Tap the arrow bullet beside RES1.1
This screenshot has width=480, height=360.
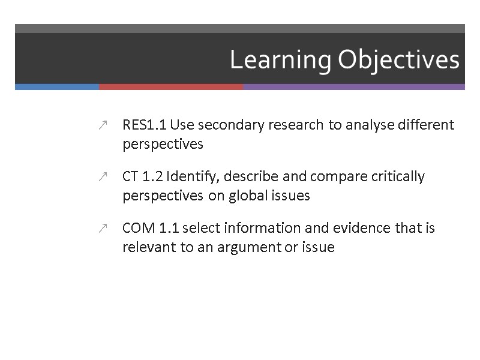coord(103,125)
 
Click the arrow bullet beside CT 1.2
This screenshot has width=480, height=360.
coord(103,177)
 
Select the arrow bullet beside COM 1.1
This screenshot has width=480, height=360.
coord(103,229)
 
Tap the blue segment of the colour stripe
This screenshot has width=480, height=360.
coord(57,87)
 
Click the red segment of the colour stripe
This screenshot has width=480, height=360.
coord(171,87)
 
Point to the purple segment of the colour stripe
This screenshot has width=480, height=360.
coord(354,87)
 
